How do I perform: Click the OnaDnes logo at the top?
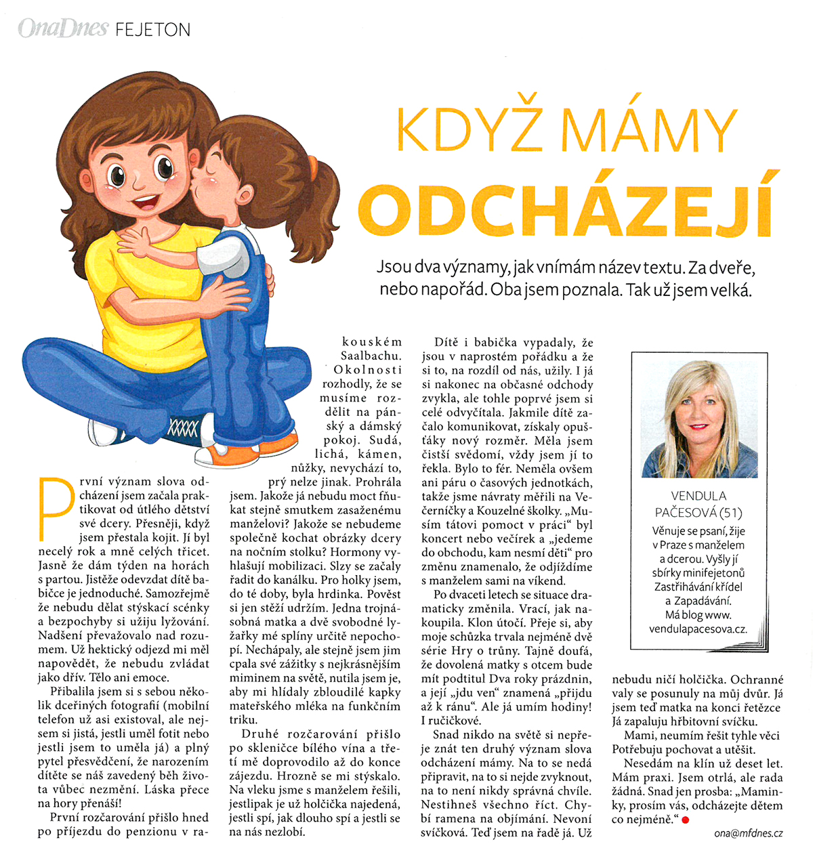62,28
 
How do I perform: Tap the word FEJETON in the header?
152,30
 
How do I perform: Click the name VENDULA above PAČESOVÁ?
698,496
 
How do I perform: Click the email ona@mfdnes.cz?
748,833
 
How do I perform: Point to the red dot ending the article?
685,820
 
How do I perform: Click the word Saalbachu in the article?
371,356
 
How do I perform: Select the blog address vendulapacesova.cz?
698,629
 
